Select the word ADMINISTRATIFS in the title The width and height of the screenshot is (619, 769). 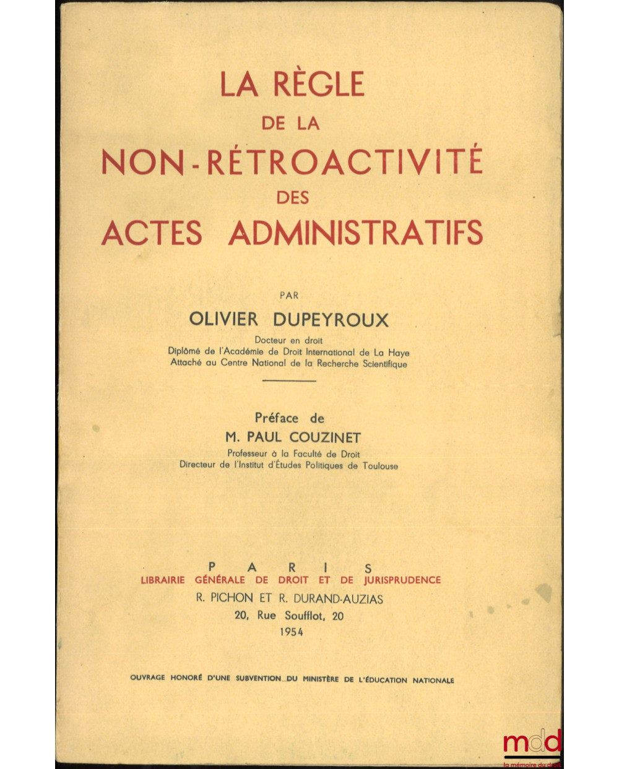[355, 233]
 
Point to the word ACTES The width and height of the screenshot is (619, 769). [152, 233]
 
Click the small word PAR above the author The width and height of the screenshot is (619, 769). [289, 296]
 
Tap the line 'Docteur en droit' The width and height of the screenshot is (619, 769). [288, 340]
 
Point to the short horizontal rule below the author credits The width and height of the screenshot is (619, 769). [289, 380]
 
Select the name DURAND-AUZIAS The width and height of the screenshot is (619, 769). [339, 599]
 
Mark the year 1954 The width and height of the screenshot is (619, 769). [292, 632]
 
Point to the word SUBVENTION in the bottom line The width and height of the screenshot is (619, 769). [256, 679]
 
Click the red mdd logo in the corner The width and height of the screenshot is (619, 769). [532, 742]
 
